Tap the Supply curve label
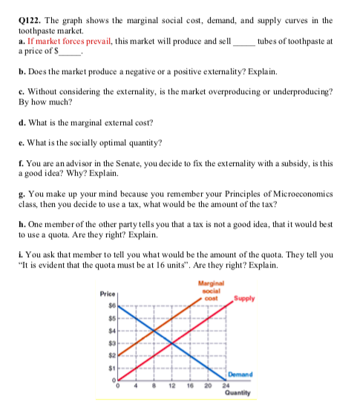(x=246, y=299)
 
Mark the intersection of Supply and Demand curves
(x=172, y=343)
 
